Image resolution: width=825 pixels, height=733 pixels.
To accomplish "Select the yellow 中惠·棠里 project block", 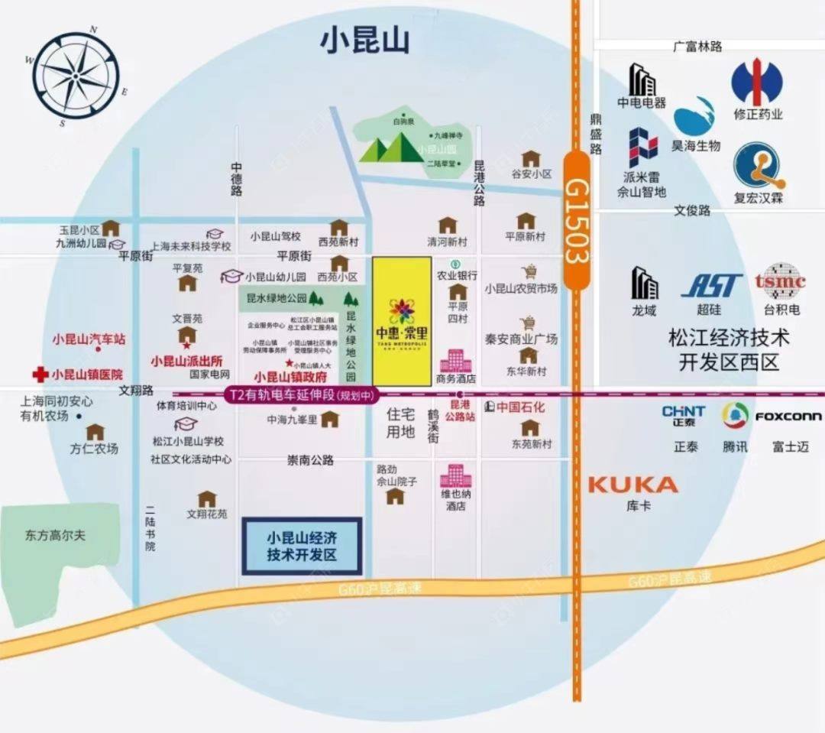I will point(402,321).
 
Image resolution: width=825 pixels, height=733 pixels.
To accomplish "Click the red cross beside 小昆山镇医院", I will point(40,375).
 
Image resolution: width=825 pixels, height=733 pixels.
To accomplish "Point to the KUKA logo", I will point(633,485).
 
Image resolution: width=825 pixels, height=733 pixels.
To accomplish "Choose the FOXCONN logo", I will point(788,417).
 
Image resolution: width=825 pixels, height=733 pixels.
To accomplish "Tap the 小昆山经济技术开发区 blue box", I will point(302,546).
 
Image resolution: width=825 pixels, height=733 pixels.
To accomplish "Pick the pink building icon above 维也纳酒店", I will point(455,476).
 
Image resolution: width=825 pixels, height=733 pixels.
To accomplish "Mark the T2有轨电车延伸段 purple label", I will point(294,396).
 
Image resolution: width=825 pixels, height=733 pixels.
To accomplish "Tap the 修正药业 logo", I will point(757,83).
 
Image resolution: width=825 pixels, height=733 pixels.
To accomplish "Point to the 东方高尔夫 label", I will point(55,535).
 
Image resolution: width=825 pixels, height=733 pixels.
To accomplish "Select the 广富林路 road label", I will point(697,47).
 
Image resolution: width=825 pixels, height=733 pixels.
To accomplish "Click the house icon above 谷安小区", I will point(531,159).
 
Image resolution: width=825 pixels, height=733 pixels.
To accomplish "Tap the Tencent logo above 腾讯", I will point(735,416).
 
